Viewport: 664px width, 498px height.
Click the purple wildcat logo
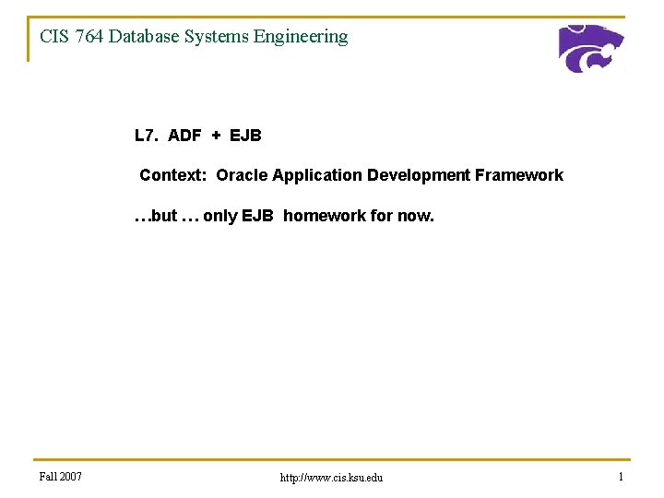click(591, 49)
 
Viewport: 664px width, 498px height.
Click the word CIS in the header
click(53, 37)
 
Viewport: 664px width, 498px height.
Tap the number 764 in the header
click(90, 37)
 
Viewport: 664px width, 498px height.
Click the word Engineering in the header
click(302, 37)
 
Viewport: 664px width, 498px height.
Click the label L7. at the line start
click(146, 136)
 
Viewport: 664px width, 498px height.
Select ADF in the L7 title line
click(184, 136)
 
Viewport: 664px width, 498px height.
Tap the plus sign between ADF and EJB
click(216, 136)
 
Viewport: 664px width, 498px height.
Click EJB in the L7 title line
click(245, 136)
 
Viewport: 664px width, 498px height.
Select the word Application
click(317, 175)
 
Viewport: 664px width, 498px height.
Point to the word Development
click(419, 175)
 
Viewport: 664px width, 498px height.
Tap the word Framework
click(519, 175)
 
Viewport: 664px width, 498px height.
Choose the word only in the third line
click(219, 216)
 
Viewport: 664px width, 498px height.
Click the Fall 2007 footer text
click(61, 477)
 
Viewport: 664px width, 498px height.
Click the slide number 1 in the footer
click(622, 477)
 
